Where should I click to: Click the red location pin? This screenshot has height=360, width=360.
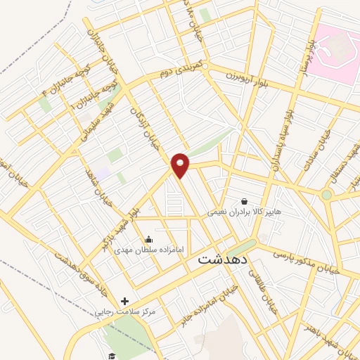(x=181, y=165)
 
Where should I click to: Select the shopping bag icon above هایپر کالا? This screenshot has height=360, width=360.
(x=244, y=200)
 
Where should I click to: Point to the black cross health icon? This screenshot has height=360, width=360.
(x=124, y=300)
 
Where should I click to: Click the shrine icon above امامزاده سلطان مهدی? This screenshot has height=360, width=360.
(x=148, y=240)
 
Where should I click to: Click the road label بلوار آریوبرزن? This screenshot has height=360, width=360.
(x=252, y=77)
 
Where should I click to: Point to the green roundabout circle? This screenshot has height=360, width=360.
(x=326, y=195)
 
